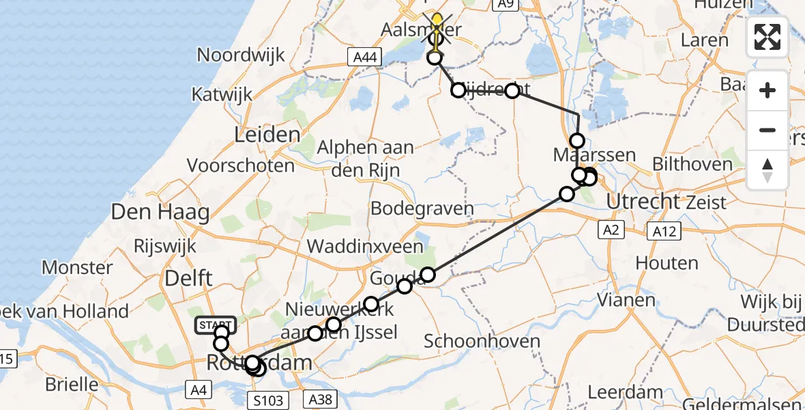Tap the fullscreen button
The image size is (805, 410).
(x=767, y=37)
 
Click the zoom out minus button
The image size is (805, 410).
(x=767, y=130)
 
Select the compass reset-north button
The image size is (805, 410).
(x=767, y=170)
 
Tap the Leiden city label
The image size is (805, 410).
(x=267, y=135)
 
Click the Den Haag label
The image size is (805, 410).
(x=160, y=213)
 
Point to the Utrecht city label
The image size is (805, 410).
(x=643, y=202)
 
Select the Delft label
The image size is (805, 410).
(x=188, y=278)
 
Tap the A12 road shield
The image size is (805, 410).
(x=664, y=231)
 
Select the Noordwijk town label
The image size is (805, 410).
(x=241, y=55)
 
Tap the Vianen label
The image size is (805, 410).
(x=626, y=299)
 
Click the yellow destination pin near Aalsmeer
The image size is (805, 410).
(x=437, y=25)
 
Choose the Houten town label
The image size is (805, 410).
(x=667, y=262)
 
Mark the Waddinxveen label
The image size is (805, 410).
(x=365, y=246)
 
